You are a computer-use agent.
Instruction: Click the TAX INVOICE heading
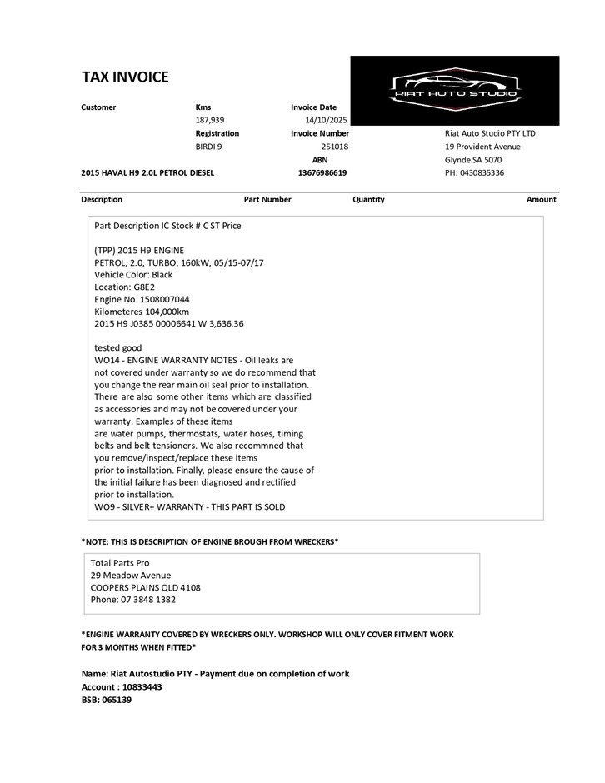tap(125, 77)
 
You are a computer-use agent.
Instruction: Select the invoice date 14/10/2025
tap(327, 120)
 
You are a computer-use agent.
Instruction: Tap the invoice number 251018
tap(334, 147)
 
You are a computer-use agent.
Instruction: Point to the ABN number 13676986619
tap(322, 173)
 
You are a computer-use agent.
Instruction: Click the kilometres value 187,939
tap(211, 120)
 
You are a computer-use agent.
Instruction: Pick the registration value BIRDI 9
tap(208, 147)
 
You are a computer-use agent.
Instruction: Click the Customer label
tap(98, 107)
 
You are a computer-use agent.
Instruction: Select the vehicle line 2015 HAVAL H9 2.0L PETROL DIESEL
tap(147, 173)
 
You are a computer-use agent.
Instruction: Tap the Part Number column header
tap(267, 200)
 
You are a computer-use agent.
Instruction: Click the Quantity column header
tap(368, 200)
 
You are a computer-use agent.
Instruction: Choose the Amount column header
tap(541, 200)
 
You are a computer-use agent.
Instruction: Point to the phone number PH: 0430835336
tap(474, 173)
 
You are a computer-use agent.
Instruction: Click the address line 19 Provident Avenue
tap(482, 147)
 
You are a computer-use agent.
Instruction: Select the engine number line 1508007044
tap(142, 298)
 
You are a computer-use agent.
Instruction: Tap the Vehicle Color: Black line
tap(133, 274)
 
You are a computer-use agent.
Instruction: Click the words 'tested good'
tap(118, 347)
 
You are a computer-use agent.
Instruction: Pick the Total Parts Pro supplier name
tap(120, 563)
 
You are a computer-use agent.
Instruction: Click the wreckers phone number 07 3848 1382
tap(132, 599)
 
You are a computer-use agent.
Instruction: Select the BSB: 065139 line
tap(107, 700)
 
